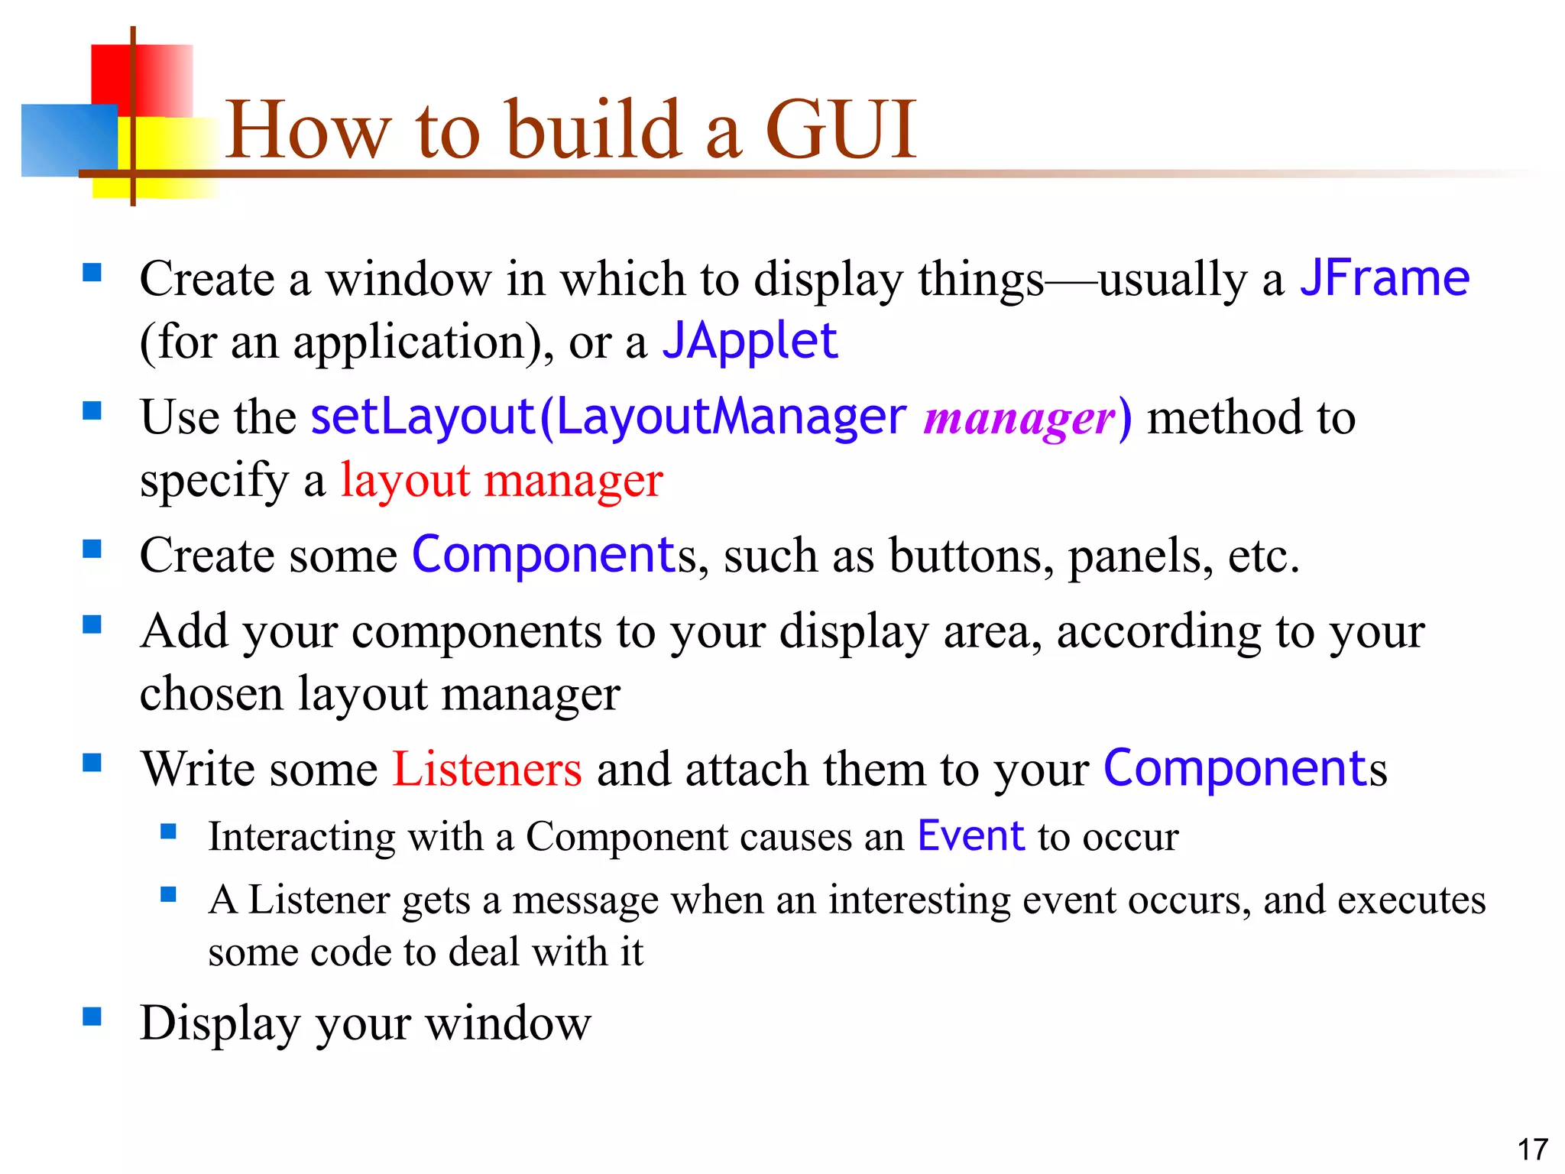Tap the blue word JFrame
tap(1385, 277)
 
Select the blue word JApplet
tap(750, 341)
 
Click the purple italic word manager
tap(1020, 418)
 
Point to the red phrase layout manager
tap(501, 481)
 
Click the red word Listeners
tap(487, 769)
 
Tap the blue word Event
tap(970, 835)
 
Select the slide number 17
tap(1532, 1150)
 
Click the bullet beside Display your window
tap(92, 1016)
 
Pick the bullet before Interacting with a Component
tap(169, 831)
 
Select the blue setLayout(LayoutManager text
tap(608, 417)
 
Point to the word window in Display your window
tap(507, 1023)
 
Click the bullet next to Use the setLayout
tap(92, 411)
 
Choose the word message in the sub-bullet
tap(585, 900)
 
